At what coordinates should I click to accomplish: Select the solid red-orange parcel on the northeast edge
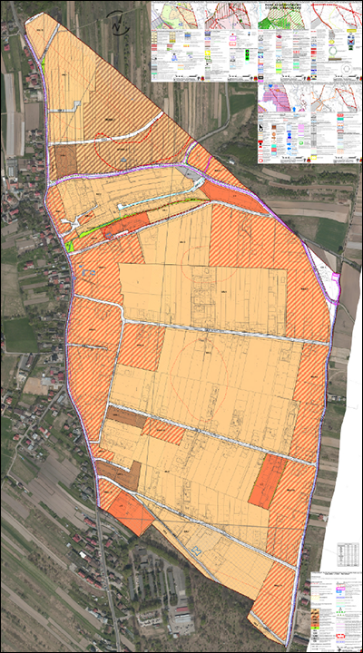[234, 196]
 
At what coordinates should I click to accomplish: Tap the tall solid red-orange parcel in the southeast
[268, 481]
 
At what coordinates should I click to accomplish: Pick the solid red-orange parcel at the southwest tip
[129, 513]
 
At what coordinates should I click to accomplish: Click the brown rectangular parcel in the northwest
[66, 161]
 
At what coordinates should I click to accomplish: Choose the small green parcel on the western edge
[69, 246]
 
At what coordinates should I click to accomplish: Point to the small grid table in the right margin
[347, 553]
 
